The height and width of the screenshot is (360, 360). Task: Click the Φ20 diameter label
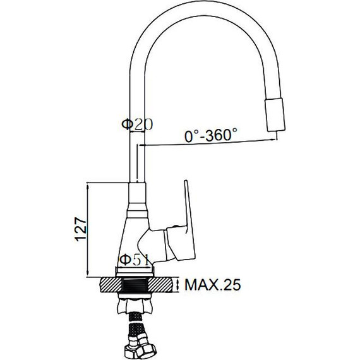tap(137, 124)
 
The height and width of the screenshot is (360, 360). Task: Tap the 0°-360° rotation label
tap(210, 135)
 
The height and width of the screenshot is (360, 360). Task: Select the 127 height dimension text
tap(81, 229)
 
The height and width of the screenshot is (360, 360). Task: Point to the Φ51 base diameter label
tap(135, 260)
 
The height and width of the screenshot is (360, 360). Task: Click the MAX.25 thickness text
tap(213, 285)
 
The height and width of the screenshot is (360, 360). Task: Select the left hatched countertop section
tap(111, 285)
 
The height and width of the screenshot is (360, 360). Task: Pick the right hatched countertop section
tap(160, 285)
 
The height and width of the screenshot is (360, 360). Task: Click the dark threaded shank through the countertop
tap(136, 285)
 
